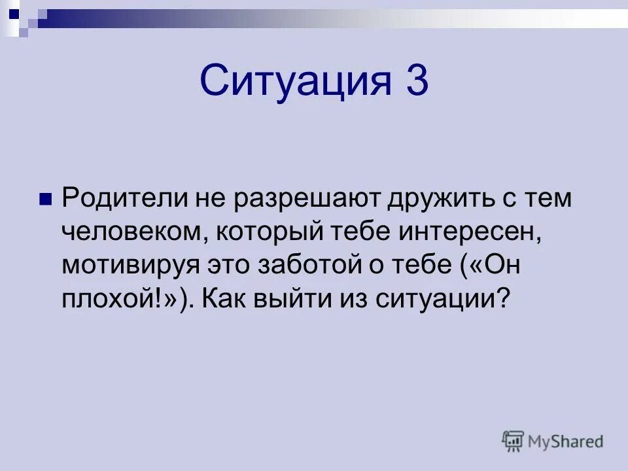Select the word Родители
tap(122, 198)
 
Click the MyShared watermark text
tap(566, 442)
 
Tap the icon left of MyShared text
tap(514, 442)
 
